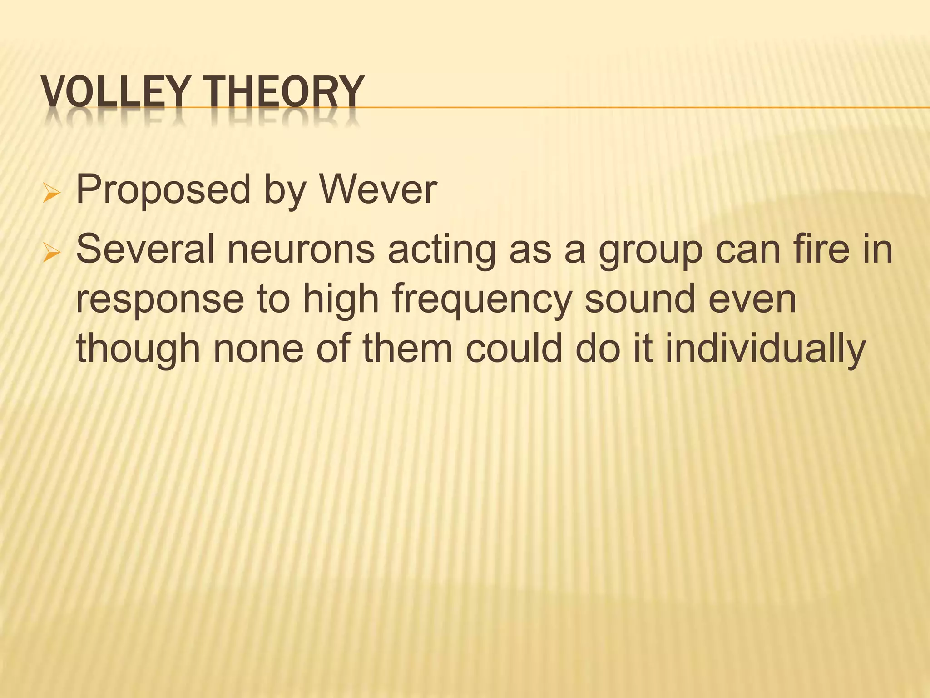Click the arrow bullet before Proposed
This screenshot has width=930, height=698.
(x=51, y=193)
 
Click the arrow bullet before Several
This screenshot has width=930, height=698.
(x=51, y=253)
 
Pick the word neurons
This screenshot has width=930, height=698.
(x=301, y=251)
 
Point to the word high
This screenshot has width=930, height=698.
(x=341, y=300)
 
